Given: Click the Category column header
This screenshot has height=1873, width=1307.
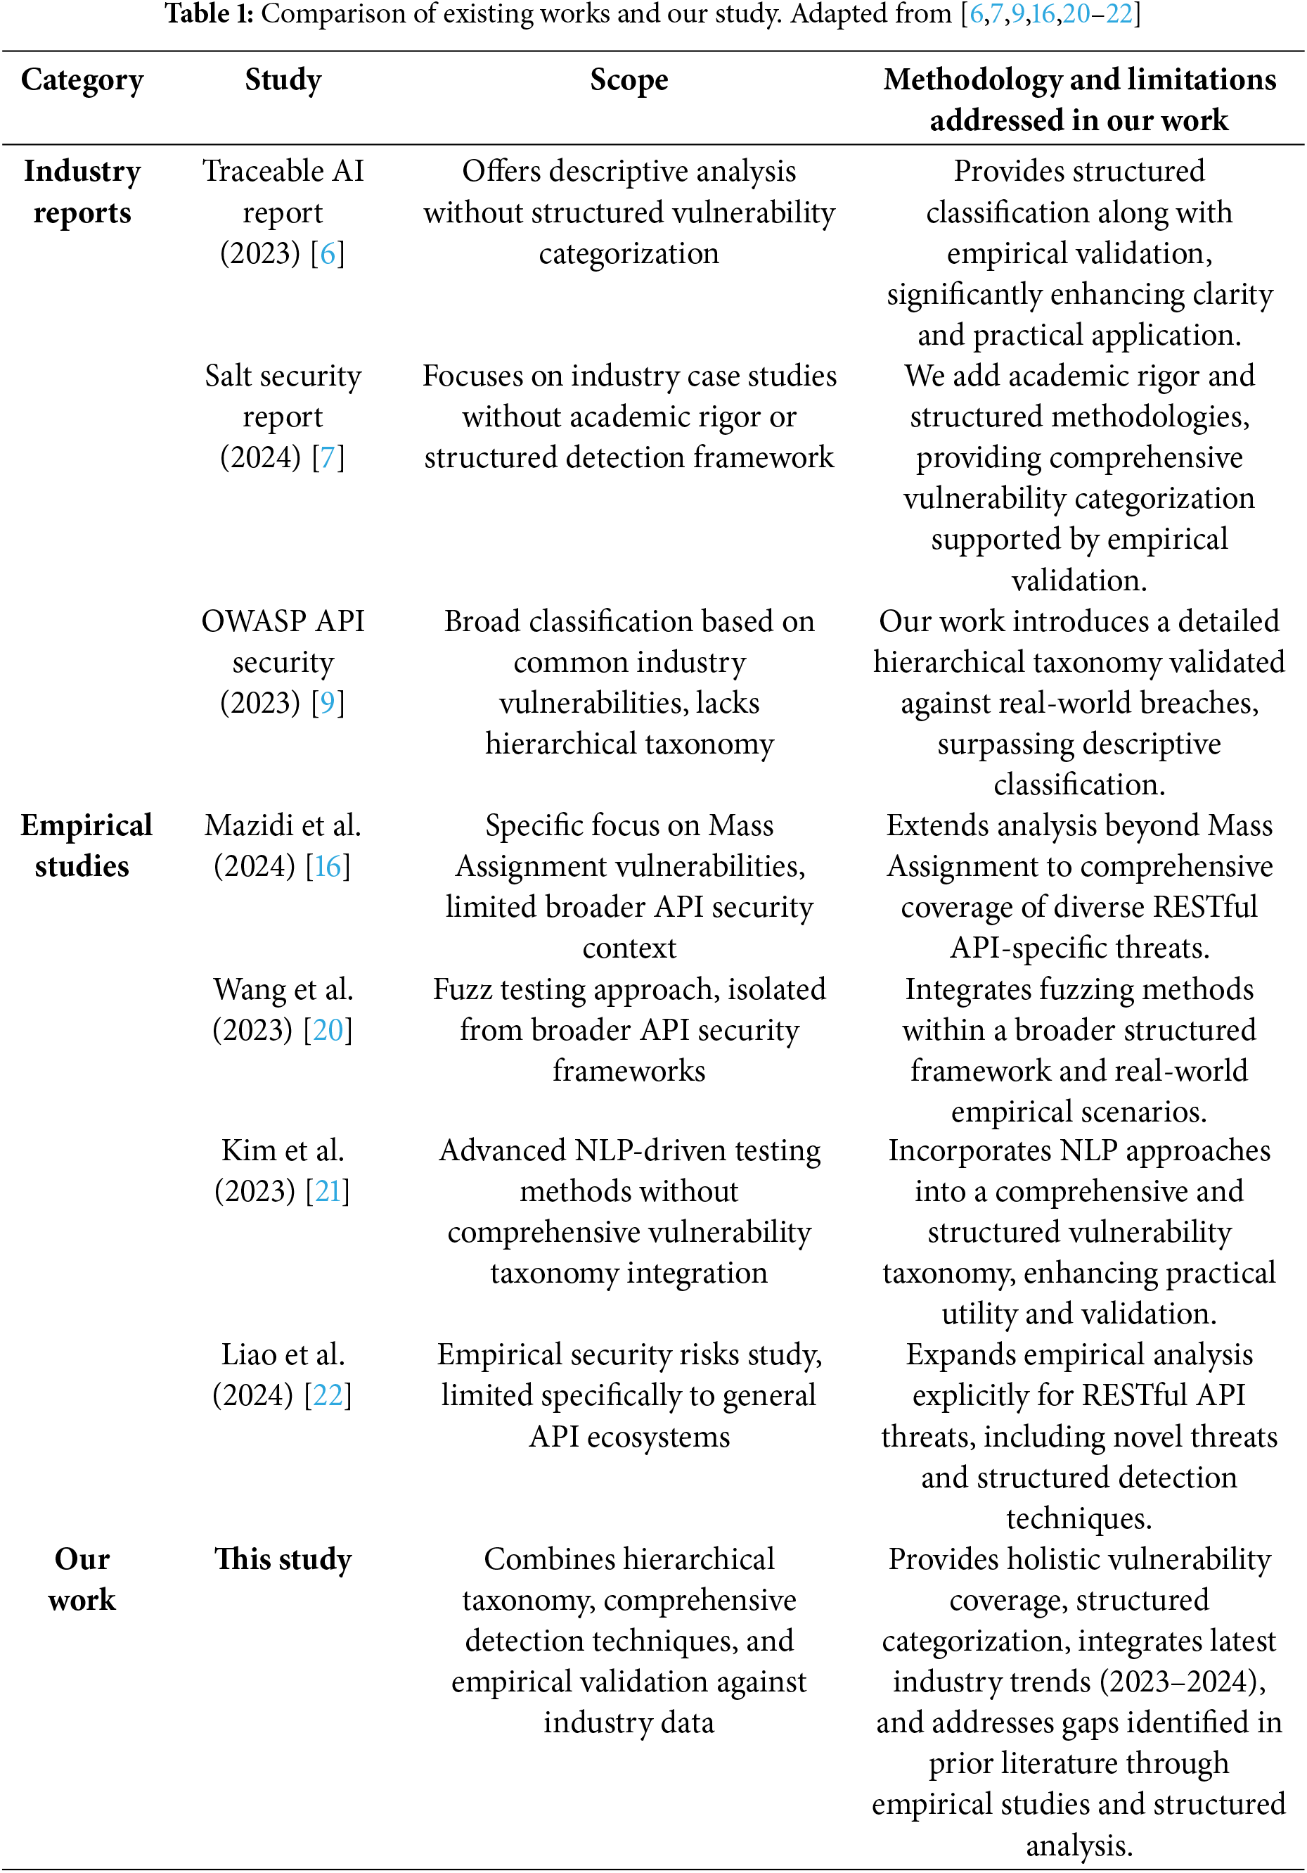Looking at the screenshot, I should [82, 80].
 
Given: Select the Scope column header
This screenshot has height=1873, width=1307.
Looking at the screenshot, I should [629, 80].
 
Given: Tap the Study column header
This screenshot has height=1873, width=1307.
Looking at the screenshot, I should [283, 80].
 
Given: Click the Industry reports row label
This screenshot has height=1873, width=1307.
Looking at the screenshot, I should [82, 191].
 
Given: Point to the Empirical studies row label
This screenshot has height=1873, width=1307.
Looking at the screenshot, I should [86, 845].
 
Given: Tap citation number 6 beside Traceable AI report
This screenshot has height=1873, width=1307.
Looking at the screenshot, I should [327, 254].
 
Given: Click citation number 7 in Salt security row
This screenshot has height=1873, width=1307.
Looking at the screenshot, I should [327, 457].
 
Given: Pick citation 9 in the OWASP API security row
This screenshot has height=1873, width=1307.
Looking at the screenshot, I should [327, 703].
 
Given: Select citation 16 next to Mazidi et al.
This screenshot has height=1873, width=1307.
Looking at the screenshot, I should [328, 866].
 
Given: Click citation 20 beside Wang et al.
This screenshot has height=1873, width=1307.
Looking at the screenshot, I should [328, 1030].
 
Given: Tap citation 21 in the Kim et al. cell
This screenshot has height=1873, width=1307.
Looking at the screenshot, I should [328, 1192].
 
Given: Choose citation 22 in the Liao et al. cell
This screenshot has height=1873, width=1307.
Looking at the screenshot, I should [328, 1396].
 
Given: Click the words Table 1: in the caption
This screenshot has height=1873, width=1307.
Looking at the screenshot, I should [210, 14].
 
